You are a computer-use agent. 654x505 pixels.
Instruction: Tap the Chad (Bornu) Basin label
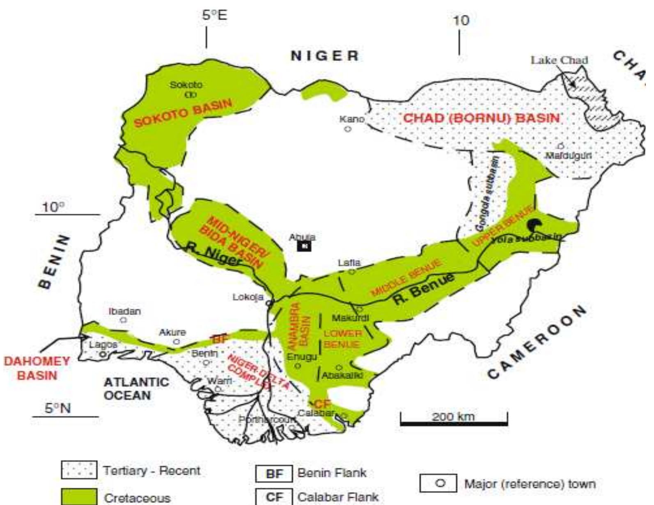[x=481, y=119]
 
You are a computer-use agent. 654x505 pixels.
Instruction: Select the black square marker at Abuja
[x=304, y=246]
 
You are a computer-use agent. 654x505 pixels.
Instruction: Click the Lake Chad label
[x=559, y=60]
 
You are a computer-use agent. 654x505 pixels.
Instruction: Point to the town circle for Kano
[x=348, y=129]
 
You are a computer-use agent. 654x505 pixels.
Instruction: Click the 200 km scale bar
[x=454, y=422]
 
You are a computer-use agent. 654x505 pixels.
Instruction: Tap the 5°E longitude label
[x=214, y=16]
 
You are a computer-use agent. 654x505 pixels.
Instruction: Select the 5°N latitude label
[x=57, y=408]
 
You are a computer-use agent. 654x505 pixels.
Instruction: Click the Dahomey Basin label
[x=37, y=368]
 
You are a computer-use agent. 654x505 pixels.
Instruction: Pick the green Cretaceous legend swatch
[x=79, y=496]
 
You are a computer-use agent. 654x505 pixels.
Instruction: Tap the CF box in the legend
[x=274, y=497]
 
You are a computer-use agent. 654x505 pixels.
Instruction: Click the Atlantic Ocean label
[x=136, y=389]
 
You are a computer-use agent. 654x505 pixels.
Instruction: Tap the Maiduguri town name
[x=568, y=156]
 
